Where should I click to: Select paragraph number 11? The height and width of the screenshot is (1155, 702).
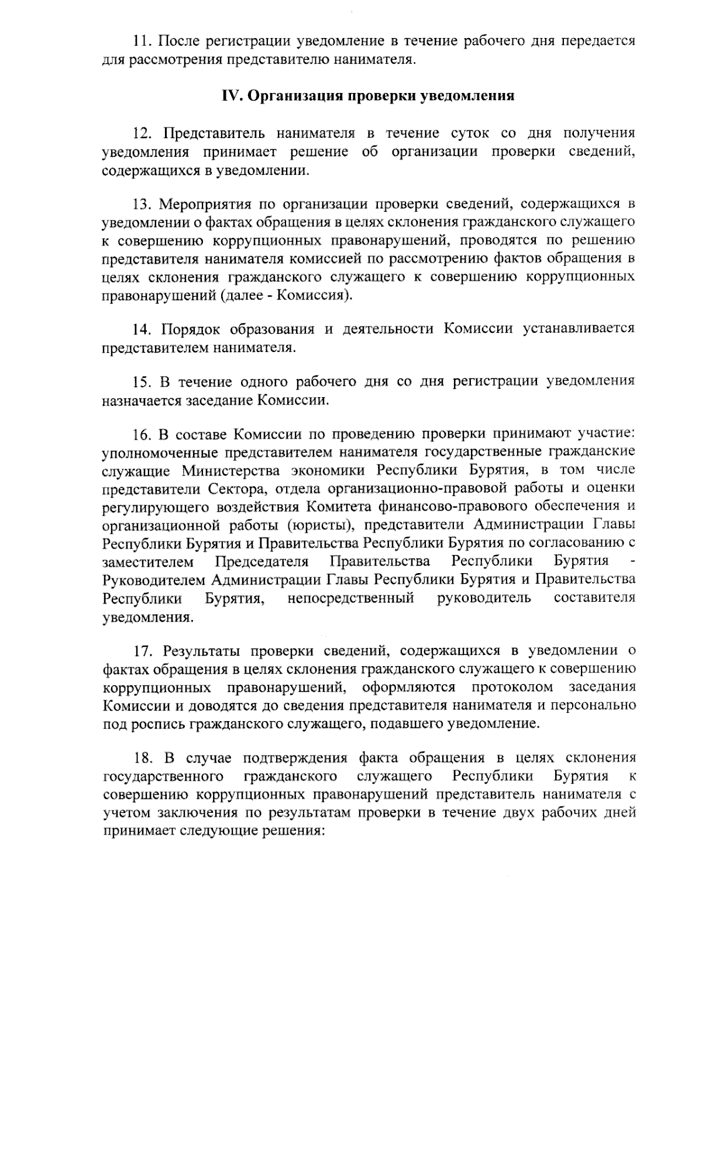click(x=141, y=41)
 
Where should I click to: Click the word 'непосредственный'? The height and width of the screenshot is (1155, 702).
click(x=351, y=598)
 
